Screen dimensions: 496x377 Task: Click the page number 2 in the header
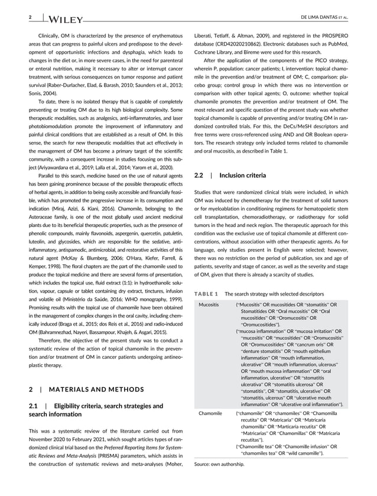point(30,17)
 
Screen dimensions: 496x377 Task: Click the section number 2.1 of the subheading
point(34,406)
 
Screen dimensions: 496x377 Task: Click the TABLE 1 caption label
point(206,294)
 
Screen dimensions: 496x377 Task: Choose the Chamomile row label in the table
point(211,414)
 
